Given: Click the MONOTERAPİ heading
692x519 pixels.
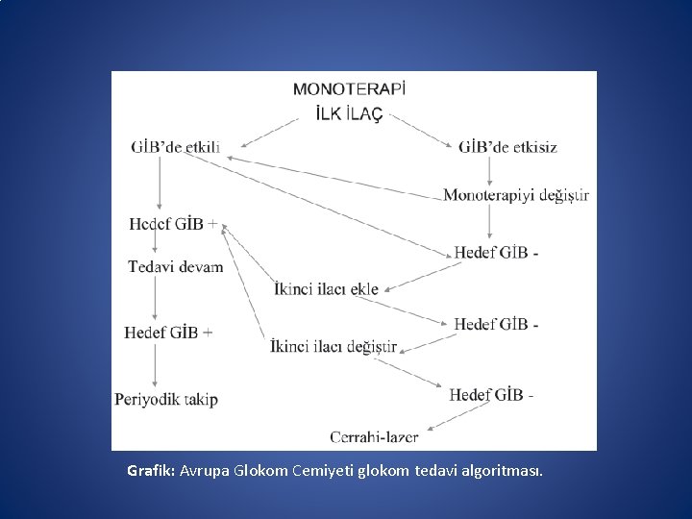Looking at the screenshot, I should click(349, 89).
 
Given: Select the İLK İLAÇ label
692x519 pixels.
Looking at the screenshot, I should click(349, 114).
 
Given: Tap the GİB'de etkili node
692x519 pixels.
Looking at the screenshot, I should click(176, 147).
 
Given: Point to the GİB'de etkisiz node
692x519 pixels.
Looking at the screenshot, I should click(507, 147).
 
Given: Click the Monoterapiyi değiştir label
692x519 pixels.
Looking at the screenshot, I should click(516, 195).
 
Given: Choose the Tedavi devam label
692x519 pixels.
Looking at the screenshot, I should click(176, 266).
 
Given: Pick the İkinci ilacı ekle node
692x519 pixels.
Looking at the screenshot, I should click(326, 288).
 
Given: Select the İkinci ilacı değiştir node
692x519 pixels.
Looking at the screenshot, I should click(334, 346).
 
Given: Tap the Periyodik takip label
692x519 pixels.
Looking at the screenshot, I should click(166, 399).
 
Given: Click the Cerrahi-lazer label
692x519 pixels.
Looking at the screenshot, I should click(374, 436).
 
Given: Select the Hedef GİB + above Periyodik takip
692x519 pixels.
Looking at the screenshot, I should click(168, 333).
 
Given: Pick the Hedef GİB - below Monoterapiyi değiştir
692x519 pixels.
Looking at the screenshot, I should click(496, 253).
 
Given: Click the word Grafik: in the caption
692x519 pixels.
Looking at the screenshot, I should click(150, 472).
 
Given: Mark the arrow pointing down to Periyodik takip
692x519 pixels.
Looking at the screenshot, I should click(155, 365).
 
